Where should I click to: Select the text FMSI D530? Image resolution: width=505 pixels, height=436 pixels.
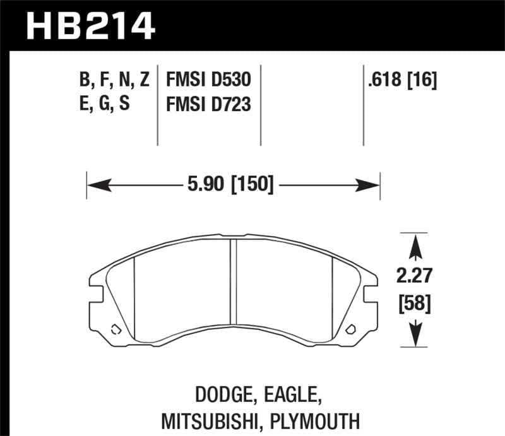[x=208, y=80]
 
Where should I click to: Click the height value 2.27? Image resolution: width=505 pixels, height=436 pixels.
[x=415, y=276]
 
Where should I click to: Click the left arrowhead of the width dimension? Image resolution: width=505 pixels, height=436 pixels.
[x=95, y=185]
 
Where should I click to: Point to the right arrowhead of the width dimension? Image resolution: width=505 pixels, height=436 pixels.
[x=371, y=185]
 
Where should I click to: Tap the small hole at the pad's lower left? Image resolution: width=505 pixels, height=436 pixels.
[x=115, y=328]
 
